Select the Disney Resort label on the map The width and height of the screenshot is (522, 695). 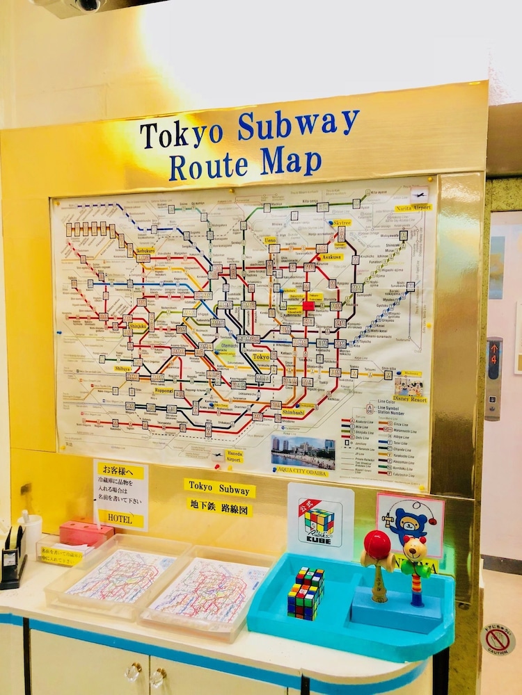[410, 400]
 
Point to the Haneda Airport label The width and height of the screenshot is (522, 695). [234, 456]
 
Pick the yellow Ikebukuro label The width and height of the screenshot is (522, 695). [145, 250]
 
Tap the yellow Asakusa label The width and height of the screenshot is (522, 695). [332, 256]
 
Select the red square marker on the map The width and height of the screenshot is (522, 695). [308, 305]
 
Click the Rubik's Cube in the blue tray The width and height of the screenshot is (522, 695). [306, 592]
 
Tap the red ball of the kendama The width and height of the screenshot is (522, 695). [378, 543]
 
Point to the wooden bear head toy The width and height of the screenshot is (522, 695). [414, 549]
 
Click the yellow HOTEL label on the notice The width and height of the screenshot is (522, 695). [120, 518]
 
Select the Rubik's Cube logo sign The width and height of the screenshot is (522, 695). [320, 521]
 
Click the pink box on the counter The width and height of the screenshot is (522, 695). [86, 533]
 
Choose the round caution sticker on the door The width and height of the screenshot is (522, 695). [498, 639]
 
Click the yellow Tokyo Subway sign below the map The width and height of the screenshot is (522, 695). [219, 488]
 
